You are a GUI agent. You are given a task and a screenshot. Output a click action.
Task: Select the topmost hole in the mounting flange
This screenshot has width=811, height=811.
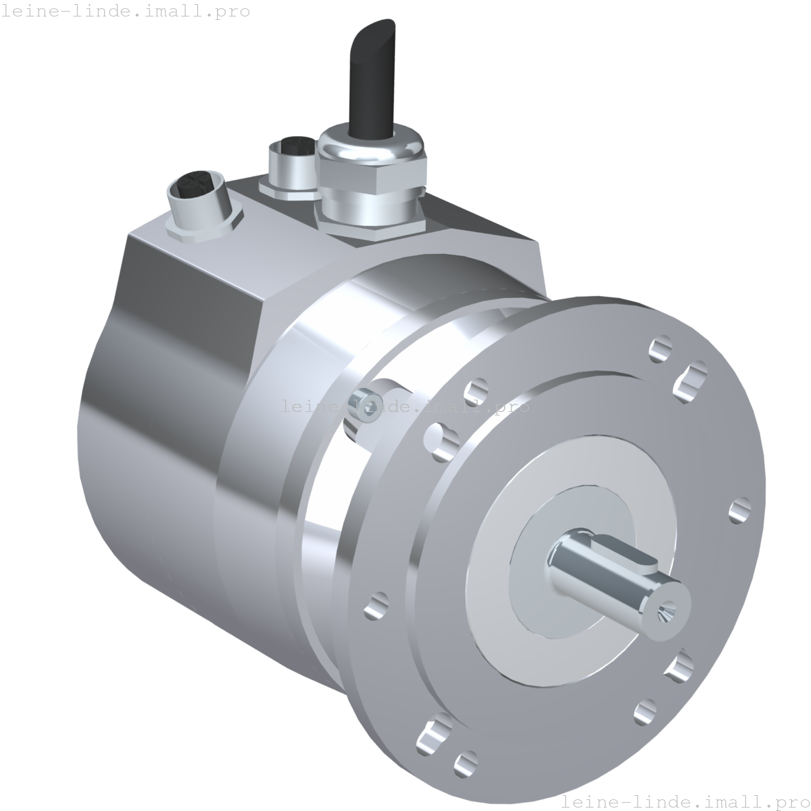[x=661, y=346]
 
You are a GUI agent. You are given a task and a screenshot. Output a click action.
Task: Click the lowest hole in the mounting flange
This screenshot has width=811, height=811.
[x=466, y=762]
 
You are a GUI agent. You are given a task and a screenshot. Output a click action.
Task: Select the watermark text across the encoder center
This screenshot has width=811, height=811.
[x=405, y=407]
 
